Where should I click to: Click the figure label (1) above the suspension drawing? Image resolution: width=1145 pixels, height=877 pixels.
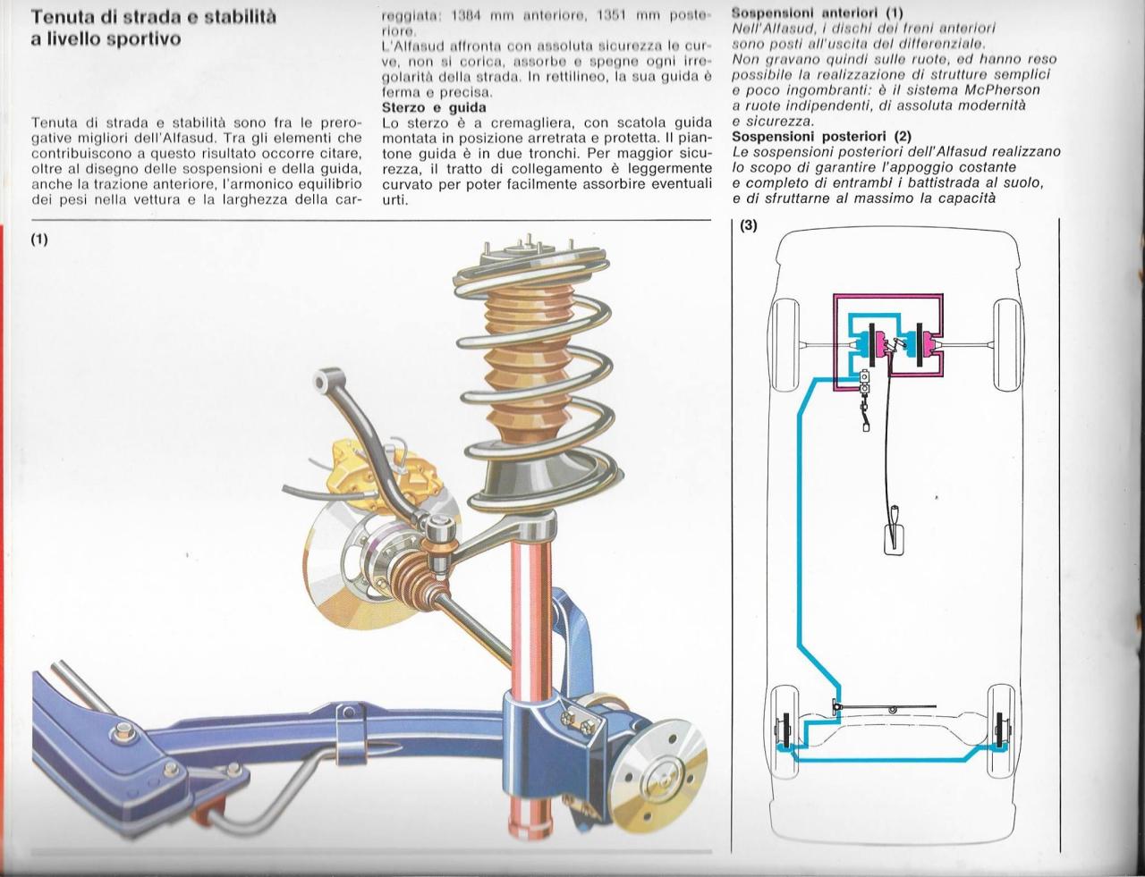click(x=38, y=240)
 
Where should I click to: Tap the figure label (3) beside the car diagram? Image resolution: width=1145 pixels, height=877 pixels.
click(x=748, y=226)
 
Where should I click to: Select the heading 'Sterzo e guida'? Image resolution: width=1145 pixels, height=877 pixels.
click(x=434, y=107)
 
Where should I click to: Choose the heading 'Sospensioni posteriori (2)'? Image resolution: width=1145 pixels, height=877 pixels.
click(x=821, y=136)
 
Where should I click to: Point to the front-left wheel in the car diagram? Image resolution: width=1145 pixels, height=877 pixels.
click(x=785, y=343)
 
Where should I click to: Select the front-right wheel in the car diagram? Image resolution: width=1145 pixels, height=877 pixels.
click(x=1007, y=343)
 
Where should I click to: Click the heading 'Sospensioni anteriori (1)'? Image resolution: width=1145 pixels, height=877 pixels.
click(x=817, y=13)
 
